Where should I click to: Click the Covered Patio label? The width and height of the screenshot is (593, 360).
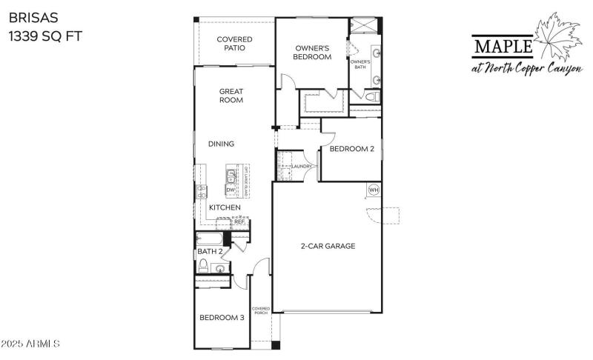pyautogui.click(x=234, y=44)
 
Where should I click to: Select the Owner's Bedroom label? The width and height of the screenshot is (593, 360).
pyautogui.click(x=311, y=51)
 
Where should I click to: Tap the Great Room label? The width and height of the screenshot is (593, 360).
pyautogui.click(x=231, y=96)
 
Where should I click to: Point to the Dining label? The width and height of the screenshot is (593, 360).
pyautogui.click(x=221, y=144)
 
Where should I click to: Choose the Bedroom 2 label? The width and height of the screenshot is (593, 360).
pyautogui.click(x=351, y=149)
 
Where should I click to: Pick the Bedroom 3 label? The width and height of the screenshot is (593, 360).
pyautogui.click(x=222, y=318)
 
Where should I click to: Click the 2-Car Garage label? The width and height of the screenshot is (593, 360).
pyautogui.click(x=328, y=246)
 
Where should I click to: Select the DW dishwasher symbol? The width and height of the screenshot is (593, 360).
pyautogui.click(x=230, y=190)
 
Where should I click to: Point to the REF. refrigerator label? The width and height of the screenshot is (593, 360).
pyautogui.click(x=239, y=221)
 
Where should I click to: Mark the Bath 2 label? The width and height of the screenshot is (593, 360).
pyautogui.click(x=211, y=252)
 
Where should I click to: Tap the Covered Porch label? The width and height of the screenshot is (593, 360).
pyautogui.click(x=260, y=310)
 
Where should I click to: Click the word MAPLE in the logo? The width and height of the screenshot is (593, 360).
pyautogui.click(x=503, y=47)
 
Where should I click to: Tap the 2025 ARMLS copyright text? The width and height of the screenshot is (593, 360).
pyautogui.click(x=30, y=344)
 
